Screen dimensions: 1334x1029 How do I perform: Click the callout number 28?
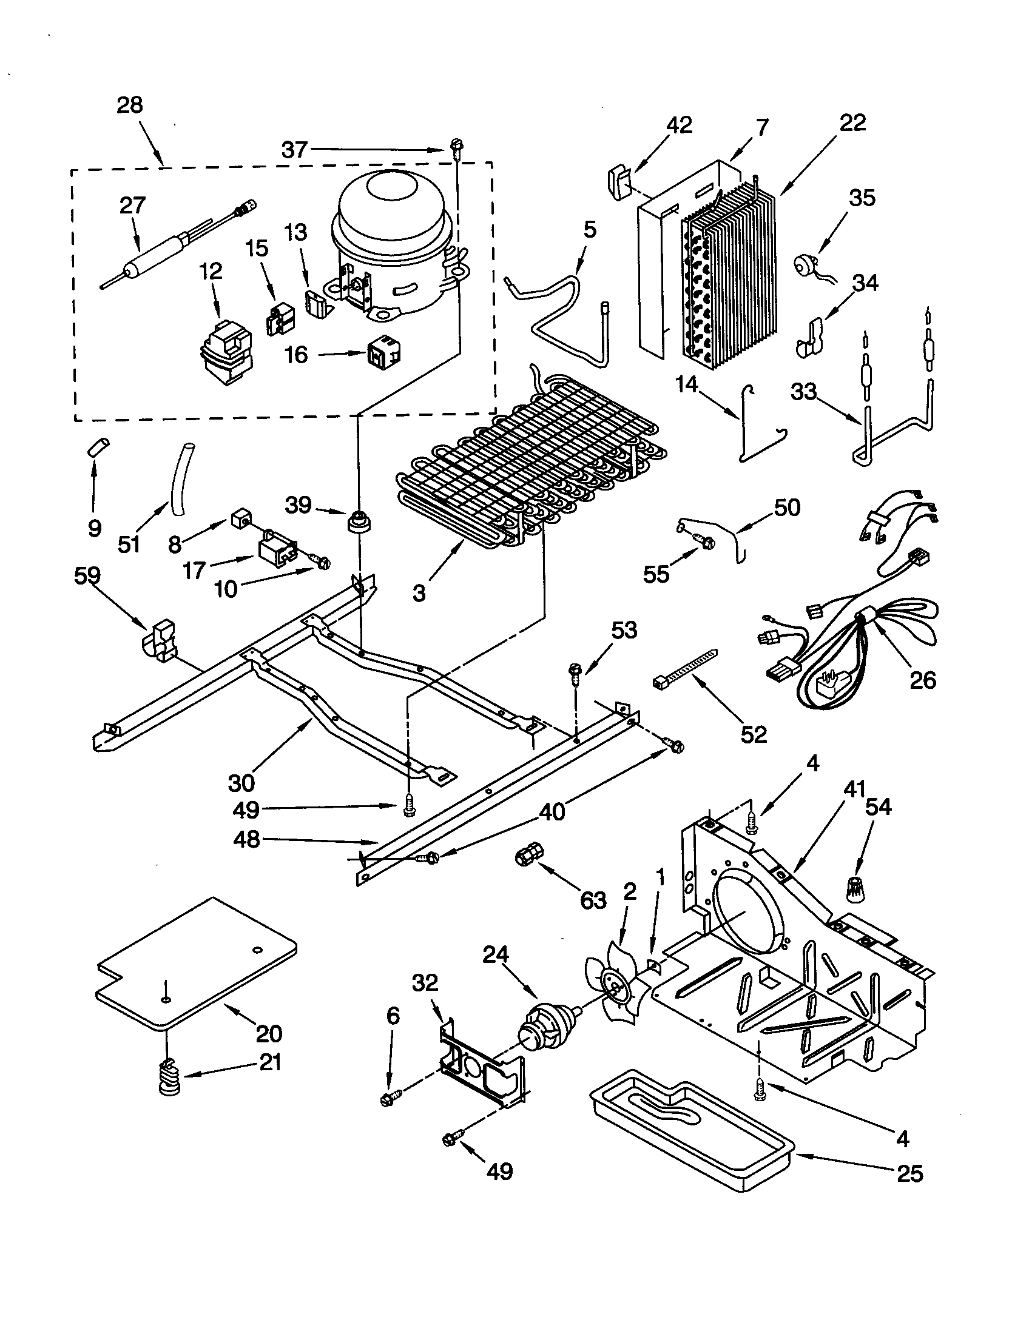click(x=130, y=105)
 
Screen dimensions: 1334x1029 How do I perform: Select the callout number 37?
click(x=294, y=149)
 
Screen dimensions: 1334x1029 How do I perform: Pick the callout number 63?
click(x=593, y=900)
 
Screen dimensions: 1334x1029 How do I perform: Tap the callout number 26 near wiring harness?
click(x=922, y=679)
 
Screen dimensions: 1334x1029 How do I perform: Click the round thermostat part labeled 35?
click(x=803, y=266)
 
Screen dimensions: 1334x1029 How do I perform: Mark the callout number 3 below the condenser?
click(x=419, y=592)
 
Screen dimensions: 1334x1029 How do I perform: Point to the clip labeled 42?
click(x=619, y=182)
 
